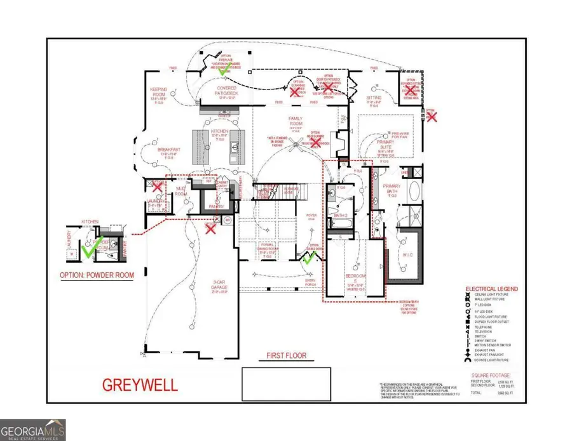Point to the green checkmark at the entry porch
[x=310, y=258]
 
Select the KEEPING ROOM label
[x=158, y=92]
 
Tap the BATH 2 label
[x=340, y=215]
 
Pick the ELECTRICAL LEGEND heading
[x=492, y=289]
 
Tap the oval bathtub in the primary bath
[x=413, y=190]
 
